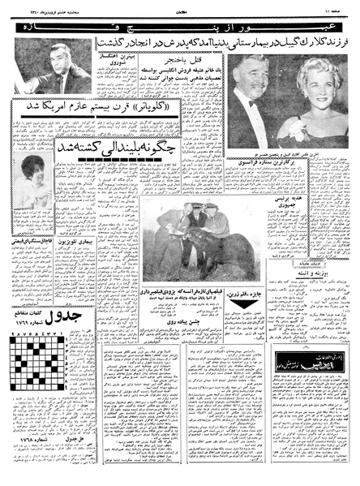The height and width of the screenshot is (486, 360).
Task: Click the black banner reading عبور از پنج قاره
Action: point(179,30)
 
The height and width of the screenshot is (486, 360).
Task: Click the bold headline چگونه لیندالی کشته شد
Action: point(101,148)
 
